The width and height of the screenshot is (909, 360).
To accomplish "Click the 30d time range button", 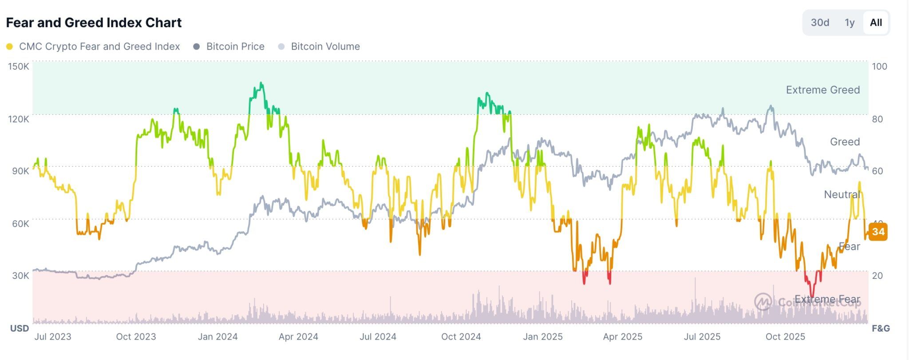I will click(820, 23).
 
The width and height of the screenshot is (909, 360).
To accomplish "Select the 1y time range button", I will click(850, 23).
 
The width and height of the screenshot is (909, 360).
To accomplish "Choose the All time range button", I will click(876, 23).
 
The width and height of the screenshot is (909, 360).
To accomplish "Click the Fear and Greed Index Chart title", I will click(94, 23).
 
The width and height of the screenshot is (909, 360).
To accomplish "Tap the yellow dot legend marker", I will click(9, 47).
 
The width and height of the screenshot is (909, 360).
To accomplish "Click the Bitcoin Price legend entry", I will click(235, 47).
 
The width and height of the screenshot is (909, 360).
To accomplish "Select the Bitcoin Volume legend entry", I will click(325, 47).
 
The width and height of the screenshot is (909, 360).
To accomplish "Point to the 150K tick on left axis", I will click(19, 67).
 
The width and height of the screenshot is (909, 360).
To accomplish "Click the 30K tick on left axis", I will click(20, 276).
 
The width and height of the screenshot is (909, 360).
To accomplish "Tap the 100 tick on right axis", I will click(879, 67).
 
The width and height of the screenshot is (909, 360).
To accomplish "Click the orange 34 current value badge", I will click(878, 232).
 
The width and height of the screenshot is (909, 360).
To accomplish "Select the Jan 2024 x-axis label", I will click(217, 337).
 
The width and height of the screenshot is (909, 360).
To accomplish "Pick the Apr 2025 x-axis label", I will click(622, 337).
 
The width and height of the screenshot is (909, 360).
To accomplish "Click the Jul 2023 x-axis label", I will click(53, 337).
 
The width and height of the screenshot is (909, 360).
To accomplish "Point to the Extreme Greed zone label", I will click(822, 90).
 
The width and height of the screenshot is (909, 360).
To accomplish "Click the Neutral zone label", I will click(842, 194).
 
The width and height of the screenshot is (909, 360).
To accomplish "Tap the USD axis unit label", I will click(20, 328).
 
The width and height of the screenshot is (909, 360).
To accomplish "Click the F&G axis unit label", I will click(881, 328).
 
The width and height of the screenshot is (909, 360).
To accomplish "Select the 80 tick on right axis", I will click(877, 119).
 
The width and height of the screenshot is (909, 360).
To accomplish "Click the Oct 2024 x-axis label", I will click(461, 337).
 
